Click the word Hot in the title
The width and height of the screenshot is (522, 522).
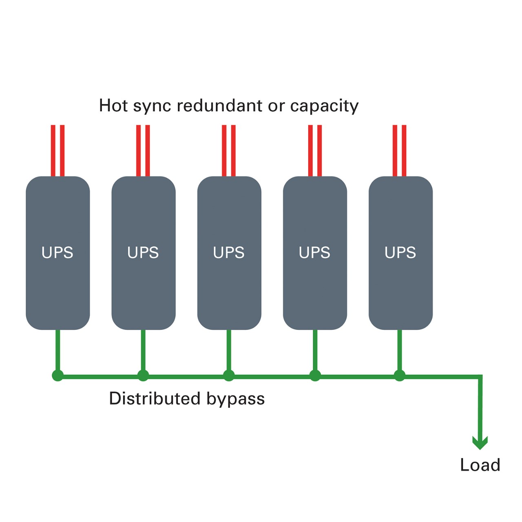pyautogui.click(x=113, y=105)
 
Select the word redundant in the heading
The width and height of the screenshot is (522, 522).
pyautogui.click(x=219, y=105)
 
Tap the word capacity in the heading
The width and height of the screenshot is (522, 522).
pyautogui.click(x=324, y=106)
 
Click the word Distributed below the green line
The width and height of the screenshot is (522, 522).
pyautogui.click(x=155, y=398)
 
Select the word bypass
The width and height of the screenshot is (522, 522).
pyautogui.click(x=235, y=400)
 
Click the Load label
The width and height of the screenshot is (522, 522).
pyautogui.click(x=480, y=465)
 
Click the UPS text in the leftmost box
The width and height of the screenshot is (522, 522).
pyautogui.click(x=58, y=252)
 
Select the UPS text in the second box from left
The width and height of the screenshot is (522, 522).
pyautogui.click(x=143, y=252)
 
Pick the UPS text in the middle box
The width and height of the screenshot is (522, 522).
pyautogui.click(x=229, y=252)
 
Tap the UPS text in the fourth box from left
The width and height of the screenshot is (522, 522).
pyautogui.click(x=314, y=252)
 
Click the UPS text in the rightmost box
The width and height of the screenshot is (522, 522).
pyautogui.click(x=400, y=252)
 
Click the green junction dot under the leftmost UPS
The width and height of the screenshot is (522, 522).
pyautogui.click(x=58, y=376)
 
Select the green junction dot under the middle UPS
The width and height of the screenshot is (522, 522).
pyautogui.click(x=229, y=376)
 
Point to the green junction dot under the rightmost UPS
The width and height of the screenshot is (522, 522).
pyautogui.click(x=400, y=376)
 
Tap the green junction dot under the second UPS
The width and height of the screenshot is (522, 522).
pyautogui.click(x=143, y=376)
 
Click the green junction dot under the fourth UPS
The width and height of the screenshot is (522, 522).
pyautogui.click(x=315, y=376)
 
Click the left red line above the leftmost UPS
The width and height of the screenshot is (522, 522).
pyautogui.click(x=53, y=150)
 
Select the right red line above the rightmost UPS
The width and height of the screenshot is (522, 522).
pyautogui.click(x=404, y=150)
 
